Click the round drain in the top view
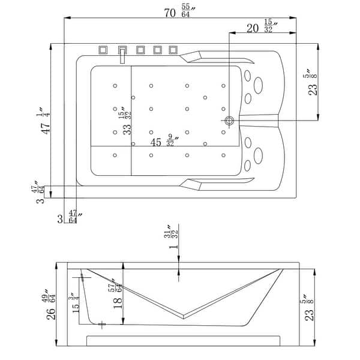point(229,121)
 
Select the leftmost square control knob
point(102,50)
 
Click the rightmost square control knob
point(174,50)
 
